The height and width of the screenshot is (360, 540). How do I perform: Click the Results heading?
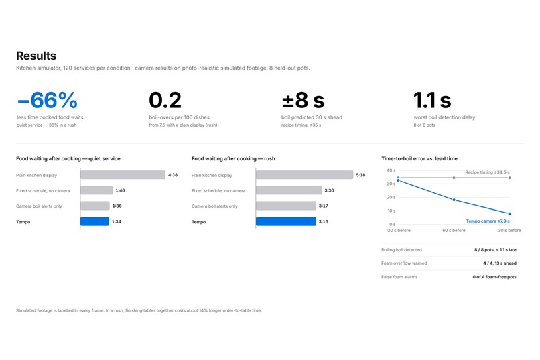tap(36, 56)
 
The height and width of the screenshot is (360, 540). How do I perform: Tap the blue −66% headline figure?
tap(47, 100)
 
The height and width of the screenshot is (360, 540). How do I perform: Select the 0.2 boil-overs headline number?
tap(165, 100)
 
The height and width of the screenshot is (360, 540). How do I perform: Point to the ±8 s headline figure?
tap(303, 100)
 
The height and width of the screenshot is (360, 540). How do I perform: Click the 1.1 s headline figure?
tap(432, 100)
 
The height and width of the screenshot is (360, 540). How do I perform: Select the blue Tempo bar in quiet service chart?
tap(94, 221)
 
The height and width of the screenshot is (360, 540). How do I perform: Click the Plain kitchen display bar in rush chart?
tap(304, 175)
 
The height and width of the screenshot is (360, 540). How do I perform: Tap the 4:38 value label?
tap(173, 175)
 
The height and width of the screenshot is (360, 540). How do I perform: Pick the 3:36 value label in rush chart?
tap(329, 190)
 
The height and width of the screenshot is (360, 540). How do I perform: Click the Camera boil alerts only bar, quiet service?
tap(95, 206)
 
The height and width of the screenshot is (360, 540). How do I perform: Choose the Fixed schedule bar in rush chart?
tap(289, 190)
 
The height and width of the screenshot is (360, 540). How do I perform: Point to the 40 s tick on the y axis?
tap(391, 170)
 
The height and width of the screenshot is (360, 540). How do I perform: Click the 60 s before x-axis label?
tap(454, 230)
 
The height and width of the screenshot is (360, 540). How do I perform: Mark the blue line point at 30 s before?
tap(510, 214)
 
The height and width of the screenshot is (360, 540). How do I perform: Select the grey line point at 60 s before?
tap(454, 178)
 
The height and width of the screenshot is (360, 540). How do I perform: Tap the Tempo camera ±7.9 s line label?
tap(488, 221)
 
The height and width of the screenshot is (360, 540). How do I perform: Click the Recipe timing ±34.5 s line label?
tap(487, 172)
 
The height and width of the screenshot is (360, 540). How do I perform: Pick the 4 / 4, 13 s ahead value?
tap(500, 263)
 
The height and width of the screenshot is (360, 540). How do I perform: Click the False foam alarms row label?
tap(399, 277)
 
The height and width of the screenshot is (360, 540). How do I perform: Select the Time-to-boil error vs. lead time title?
tap(419, 158)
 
